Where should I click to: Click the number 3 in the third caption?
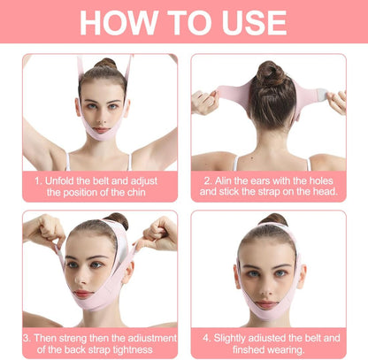27,336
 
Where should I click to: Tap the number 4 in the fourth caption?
208,336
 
